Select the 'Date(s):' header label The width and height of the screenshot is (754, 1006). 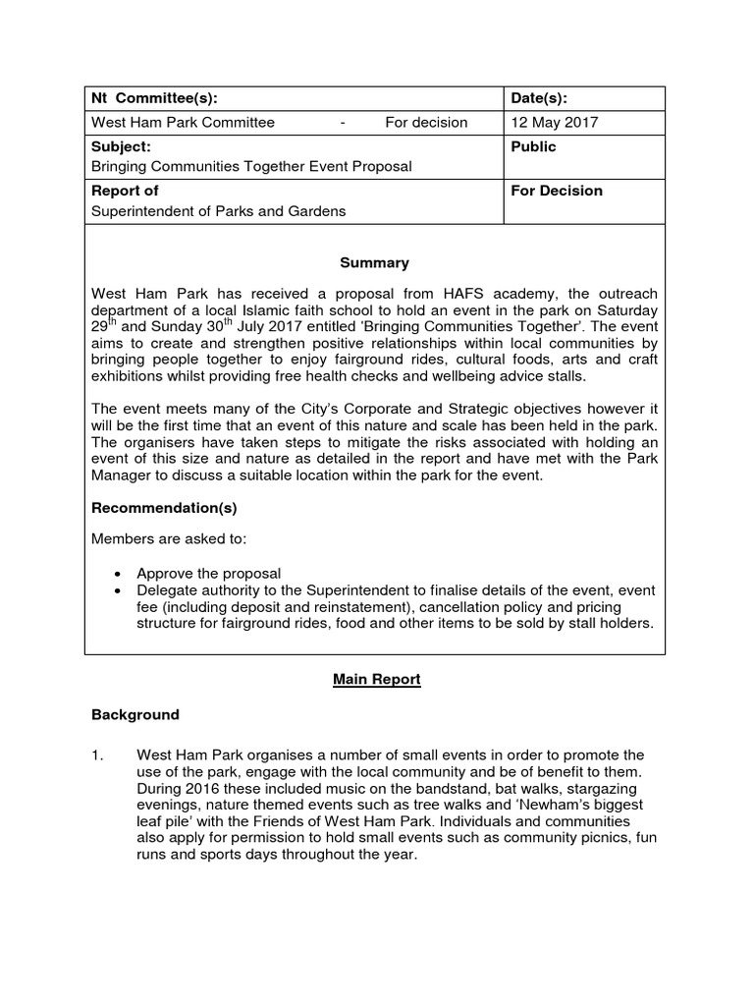pos(539,98)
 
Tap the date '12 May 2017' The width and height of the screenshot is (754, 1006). pos(554,123)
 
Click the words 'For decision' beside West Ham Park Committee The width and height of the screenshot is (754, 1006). pos(426,123)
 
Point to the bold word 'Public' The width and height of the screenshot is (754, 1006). pos(533,146)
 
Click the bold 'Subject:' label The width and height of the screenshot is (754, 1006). pos(121,146)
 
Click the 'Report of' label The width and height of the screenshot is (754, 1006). pos(125,191)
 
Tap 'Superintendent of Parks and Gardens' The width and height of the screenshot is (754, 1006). pos(219,211)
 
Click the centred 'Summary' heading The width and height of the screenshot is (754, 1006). pos(374,263)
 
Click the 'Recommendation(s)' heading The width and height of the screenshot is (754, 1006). pos(164,509)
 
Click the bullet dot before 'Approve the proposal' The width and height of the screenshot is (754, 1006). pos(118,574)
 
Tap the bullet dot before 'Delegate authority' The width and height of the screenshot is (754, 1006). pos(118,590)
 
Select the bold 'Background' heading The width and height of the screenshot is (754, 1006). pos(135,715)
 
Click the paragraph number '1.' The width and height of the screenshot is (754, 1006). pos(98,754)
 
